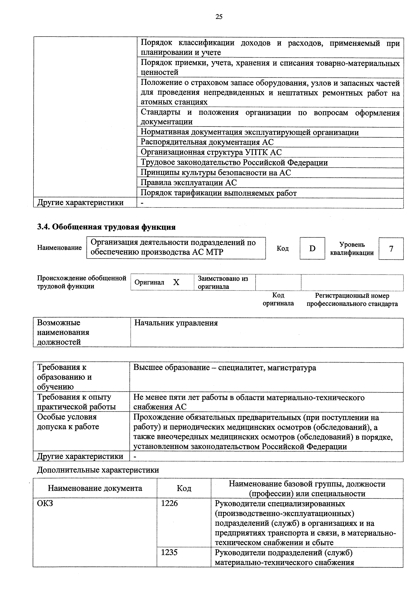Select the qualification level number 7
pyautogui.click(x=391, y=249)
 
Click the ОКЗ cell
pyautogui.click(x=45, y=503)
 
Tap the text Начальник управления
pyautogui.click(x=176, y=323)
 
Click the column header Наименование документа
pyautogui.click(x=95, y=488)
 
